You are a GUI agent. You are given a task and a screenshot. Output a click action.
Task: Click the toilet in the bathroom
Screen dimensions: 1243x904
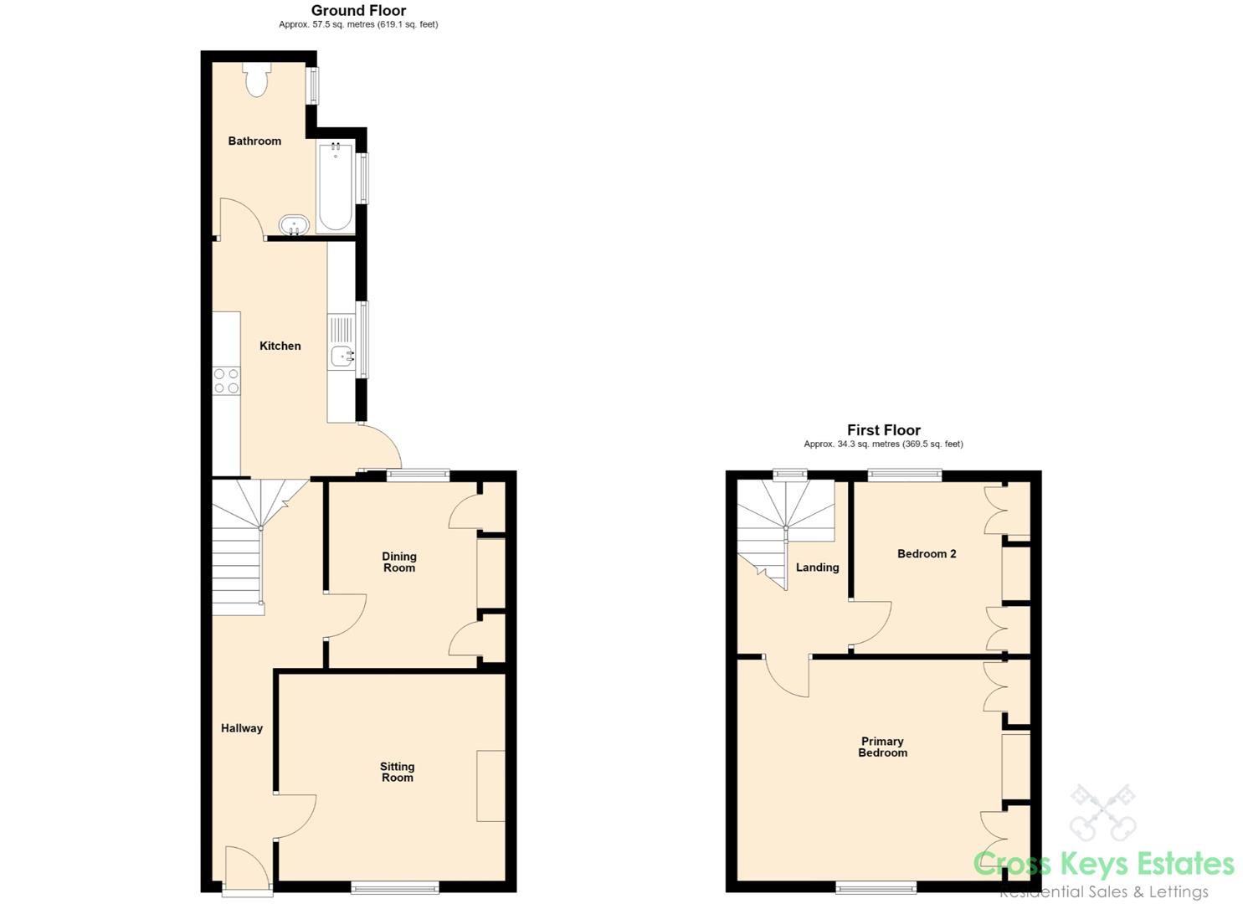(256, 80)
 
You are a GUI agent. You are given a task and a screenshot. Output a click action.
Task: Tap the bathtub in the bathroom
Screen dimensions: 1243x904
(335, 187)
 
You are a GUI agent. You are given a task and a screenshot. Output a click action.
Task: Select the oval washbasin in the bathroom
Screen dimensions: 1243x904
(294, 225)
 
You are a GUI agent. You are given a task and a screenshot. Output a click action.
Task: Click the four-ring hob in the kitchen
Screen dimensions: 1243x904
(226, 381)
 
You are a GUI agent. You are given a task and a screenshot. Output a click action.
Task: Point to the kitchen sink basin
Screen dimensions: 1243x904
(342, 357)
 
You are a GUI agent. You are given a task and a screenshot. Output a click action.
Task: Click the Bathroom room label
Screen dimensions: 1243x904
(254, 141)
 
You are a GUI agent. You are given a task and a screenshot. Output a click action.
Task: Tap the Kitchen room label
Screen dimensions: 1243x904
(280, 346)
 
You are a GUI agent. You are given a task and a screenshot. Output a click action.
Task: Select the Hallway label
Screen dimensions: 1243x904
(242, 728)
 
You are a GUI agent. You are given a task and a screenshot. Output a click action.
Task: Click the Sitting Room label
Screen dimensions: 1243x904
(398, 772)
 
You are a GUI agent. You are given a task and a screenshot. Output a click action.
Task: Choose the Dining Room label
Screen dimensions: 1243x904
(399, 562)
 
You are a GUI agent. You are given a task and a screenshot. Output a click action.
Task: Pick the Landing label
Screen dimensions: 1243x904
(818, 568)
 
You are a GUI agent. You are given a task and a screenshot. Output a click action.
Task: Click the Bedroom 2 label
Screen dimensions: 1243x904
(927, 553)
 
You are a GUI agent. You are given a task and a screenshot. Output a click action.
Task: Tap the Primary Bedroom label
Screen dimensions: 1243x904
(883, 747)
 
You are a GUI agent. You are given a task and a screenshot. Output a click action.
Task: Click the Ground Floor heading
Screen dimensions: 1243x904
(358, 11)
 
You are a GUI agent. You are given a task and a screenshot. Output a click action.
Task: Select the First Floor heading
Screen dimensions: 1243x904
(883, 430)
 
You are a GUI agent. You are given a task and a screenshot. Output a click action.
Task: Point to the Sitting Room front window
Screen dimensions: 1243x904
(395, 888)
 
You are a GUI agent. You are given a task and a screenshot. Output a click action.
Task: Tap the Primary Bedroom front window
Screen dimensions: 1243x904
(876, 888)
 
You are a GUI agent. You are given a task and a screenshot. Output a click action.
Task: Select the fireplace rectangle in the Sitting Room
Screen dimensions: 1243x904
(491, 786)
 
